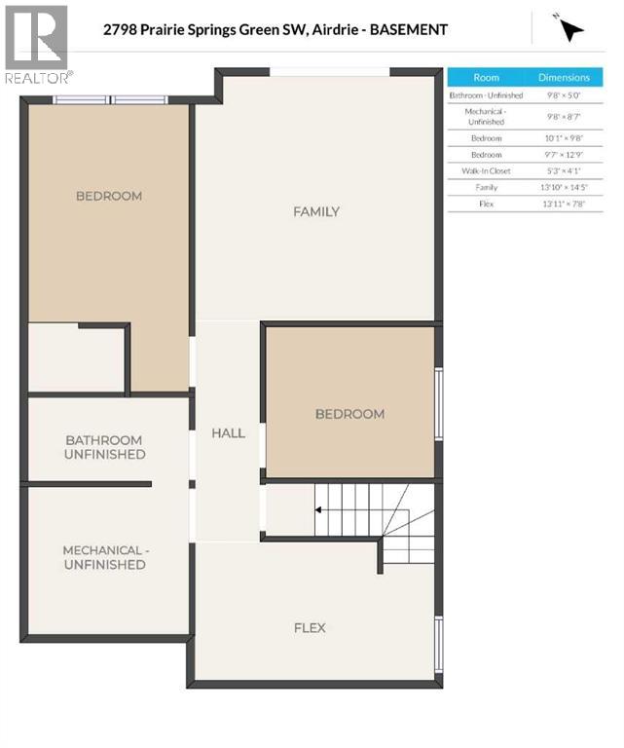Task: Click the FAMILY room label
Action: (316, 211)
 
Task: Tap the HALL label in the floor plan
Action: (228, 432)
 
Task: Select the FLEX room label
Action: (310, 627)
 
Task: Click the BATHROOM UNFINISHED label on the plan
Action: (104, 447)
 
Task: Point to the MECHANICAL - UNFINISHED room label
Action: (104, 557)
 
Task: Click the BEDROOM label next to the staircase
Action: (349, 414)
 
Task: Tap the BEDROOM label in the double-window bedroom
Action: (109, 196)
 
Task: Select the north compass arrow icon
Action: (570, 29)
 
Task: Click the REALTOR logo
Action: (36, 44)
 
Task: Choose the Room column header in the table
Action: (486, 77)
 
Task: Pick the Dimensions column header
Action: (565, 77)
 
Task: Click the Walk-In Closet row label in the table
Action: (486, 170)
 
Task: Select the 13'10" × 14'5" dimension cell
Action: (565, 187)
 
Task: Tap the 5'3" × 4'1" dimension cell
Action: (565, 170)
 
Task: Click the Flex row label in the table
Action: (486, 204)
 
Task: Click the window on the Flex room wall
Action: (439, 644)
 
